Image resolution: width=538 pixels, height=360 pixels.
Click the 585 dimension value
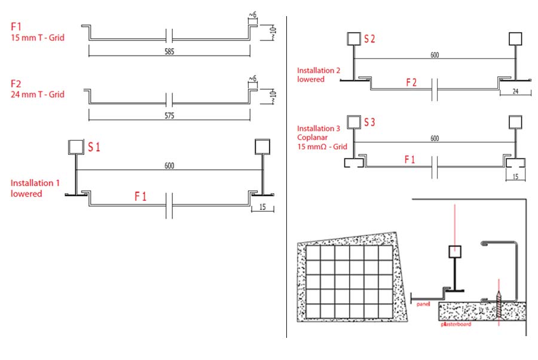click(x=169, y=52)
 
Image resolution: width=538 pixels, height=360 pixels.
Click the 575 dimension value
click(x=169, y=116)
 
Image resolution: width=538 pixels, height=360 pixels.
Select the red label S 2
click(x=370, y=39)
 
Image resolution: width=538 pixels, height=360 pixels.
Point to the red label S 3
click(x=370, y=123)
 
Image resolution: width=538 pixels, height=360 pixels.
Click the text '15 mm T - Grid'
click(x=36, y=38)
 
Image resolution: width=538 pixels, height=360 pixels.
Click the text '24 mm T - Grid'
click(x=36, y=94)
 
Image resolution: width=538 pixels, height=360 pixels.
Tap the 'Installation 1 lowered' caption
click(x=35, y=188)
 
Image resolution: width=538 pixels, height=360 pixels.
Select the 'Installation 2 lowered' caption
click(x=319, y=75)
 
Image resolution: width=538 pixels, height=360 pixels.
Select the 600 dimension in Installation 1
click(x=169, y=166)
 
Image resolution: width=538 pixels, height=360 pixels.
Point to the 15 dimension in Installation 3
click(x=515, y=176)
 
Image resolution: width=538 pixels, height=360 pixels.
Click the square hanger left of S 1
click(x=77, y=147)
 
